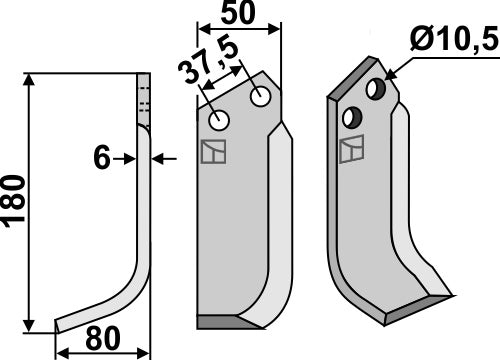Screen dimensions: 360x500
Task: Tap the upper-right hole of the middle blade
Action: click(x=261, y=98)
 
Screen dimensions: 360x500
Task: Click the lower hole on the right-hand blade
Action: click(x=351, y=118)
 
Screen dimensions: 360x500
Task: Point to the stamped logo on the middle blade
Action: click(x=213, y=153)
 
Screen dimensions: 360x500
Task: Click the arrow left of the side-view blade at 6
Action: click(x=125, y=158)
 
